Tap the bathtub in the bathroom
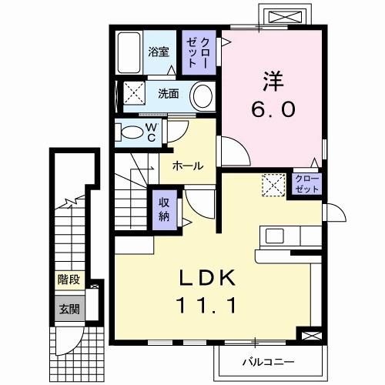129,52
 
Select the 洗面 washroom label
168,95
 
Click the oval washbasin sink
202,97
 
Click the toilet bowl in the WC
132,132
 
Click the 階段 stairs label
67,281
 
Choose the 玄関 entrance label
67,310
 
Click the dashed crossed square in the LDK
273,186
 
